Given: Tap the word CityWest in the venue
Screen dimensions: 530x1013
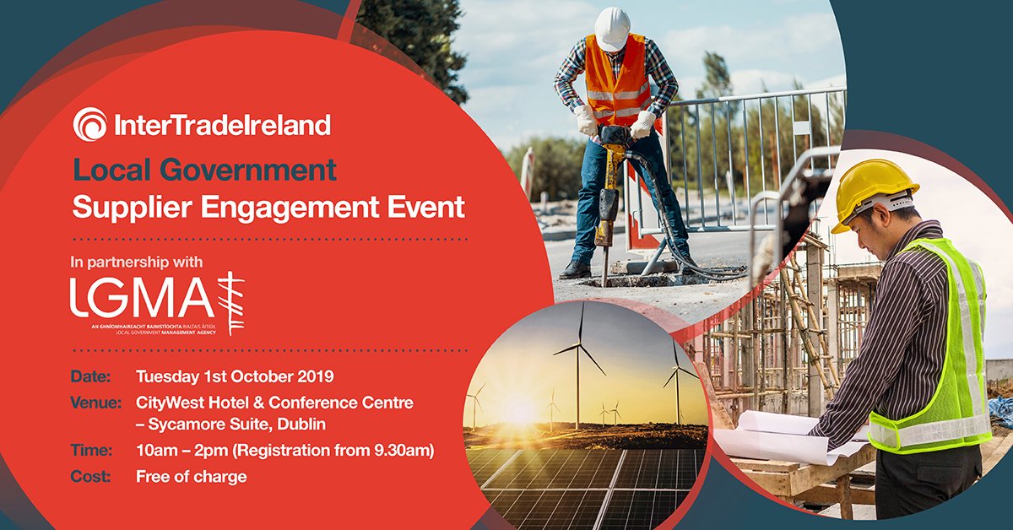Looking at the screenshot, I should coord(171,403).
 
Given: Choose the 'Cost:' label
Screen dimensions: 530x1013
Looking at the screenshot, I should coord(90,477).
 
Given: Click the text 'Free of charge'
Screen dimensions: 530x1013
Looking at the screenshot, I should coord(192,477).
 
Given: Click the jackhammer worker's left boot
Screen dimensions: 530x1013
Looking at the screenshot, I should coord(576,269).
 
